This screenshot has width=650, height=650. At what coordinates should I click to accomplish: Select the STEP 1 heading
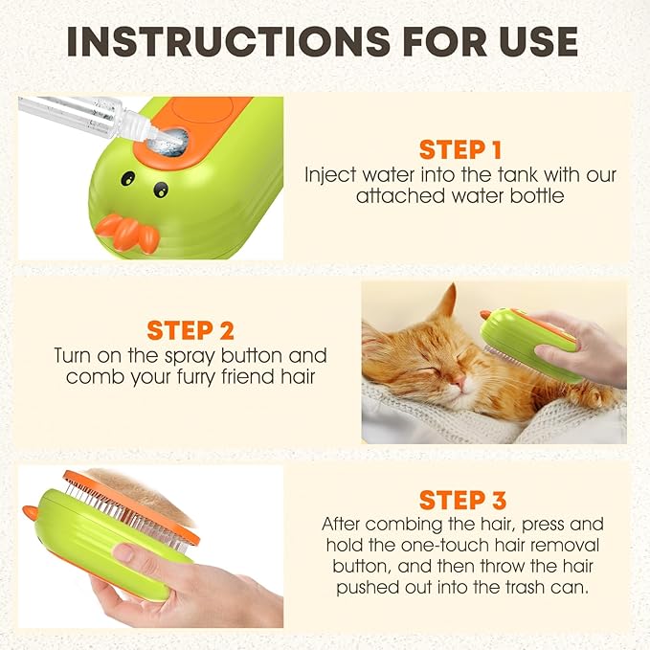460,150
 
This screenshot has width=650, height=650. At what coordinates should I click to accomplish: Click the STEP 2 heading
191,330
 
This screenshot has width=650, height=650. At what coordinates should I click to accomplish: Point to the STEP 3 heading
462,500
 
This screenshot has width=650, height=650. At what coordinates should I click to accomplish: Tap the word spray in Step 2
189,356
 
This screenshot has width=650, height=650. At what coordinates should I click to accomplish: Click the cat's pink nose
459,379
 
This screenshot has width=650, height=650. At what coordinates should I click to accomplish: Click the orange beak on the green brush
127,233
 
